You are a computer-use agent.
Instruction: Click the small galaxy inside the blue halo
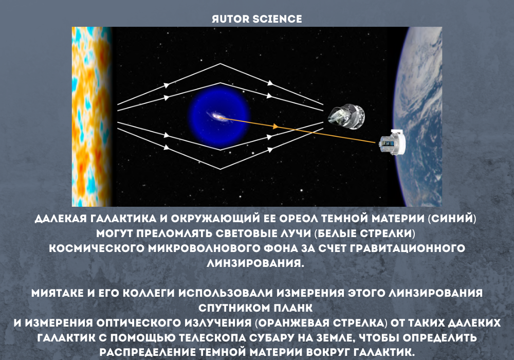[x=219, y=118]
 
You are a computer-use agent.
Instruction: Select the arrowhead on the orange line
[x=276, y=126]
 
